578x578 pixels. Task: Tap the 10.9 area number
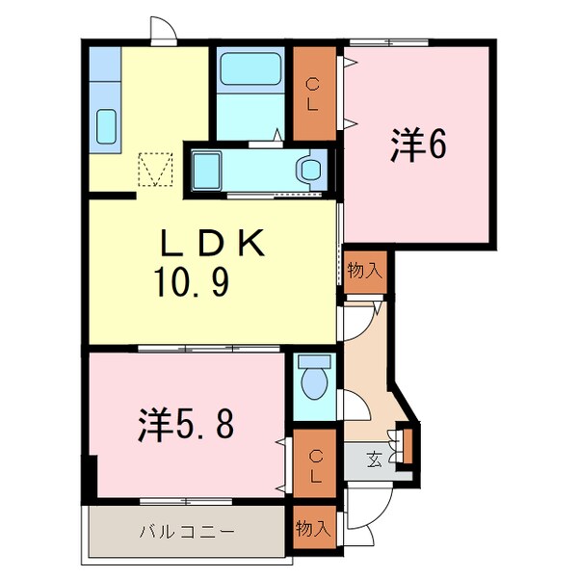pyautogui.click(x=190, y=284)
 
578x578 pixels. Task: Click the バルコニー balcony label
pyautogui.click(x=187, y=530)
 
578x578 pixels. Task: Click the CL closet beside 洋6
pyautogui.click(x=313, y=92)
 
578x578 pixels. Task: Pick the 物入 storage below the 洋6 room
pyautogui.click(x=364, y=270)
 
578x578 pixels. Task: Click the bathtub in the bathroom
pyautogui.click(x=249, y=70)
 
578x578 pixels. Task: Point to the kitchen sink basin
pyautogui.click(x=105, y=124)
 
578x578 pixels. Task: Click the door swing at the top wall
pyautogui.click(x=164, y=30)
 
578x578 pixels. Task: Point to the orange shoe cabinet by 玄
pyautogui.click(x=407, y=445)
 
